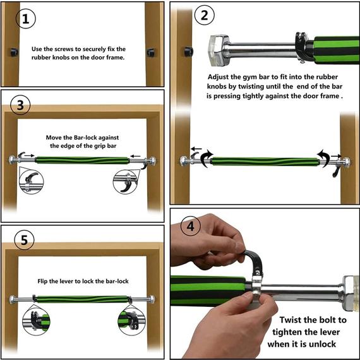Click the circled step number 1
pos(26,18)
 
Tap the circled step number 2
pos(205,15)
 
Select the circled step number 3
pos(20,105)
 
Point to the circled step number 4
pos(191,226)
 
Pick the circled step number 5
pos(24,240)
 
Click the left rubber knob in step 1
pos(14,52)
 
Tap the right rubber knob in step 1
pos(151,52)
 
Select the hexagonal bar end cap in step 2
pos(219,51)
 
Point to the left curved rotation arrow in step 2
pos(207,158)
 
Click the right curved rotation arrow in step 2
pos(323,158)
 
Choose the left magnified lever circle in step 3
pos(31,182)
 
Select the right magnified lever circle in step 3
pos(125,182)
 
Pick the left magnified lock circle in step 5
pos(36,320)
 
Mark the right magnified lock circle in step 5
pos(131,320)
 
